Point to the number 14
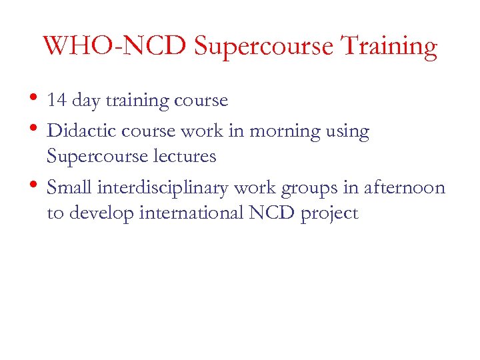tap(57, 101)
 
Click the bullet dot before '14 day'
tap(35, 99)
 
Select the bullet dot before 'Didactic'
tap(35, 129)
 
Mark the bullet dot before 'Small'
tap(35, 186)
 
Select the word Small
tap(69, 187)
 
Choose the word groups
tap(309, 189)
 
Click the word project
tap(329, 214)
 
